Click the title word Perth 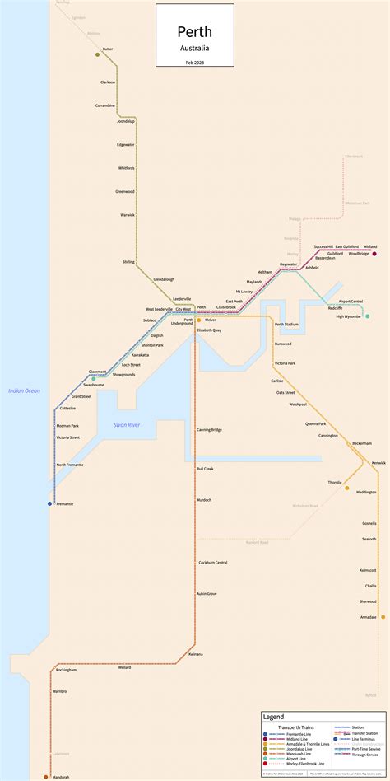195,32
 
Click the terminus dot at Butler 98,55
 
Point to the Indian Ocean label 25,390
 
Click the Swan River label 127,424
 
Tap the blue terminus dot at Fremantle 49,503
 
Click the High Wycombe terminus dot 368,316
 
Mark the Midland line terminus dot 374,254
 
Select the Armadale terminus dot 383,616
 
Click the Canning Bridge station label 209,429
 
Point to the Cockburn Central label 212,562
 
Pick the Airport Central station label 351,302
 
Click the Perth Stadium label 286,325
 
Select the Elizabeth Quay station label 208,330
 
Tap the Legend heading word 273,718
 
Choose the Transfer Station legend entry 364,733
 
